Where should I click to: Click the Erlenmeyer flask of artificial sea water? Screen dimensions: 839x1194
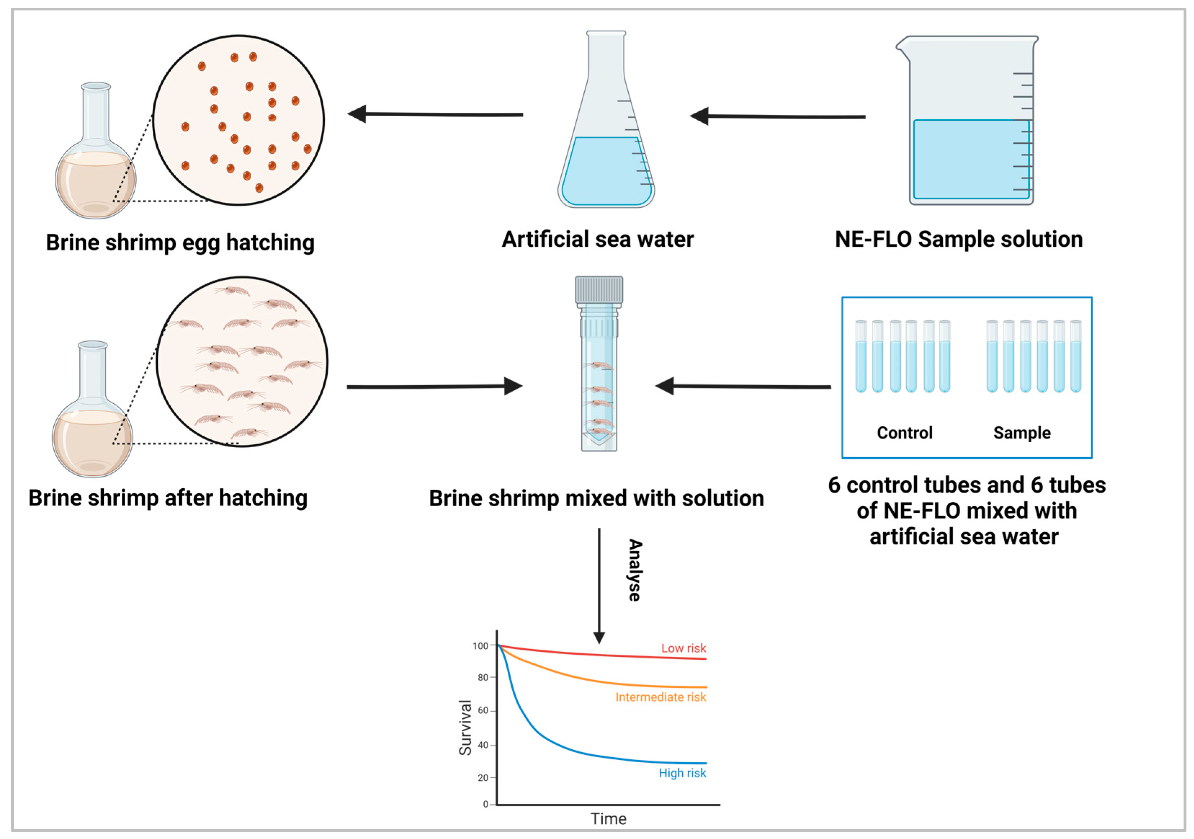click(606, 135)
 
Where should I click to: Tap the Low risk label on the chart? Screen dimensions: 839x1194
click(683, 648)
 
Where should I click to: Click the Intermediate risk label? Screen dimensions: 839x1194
click(660, 697)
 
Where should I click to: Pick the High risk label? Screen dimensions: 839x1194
click(682, 773)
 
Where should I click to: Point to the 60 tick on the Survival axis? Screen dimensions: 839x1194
click(483, 710)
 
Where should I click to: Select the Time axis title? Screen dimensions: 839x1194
click(609, 819)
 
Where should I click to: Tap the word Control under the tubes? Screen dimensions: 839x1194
click(905, 433)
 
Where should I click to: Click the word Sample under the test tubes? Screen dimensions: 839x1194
click(1022, 433)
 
